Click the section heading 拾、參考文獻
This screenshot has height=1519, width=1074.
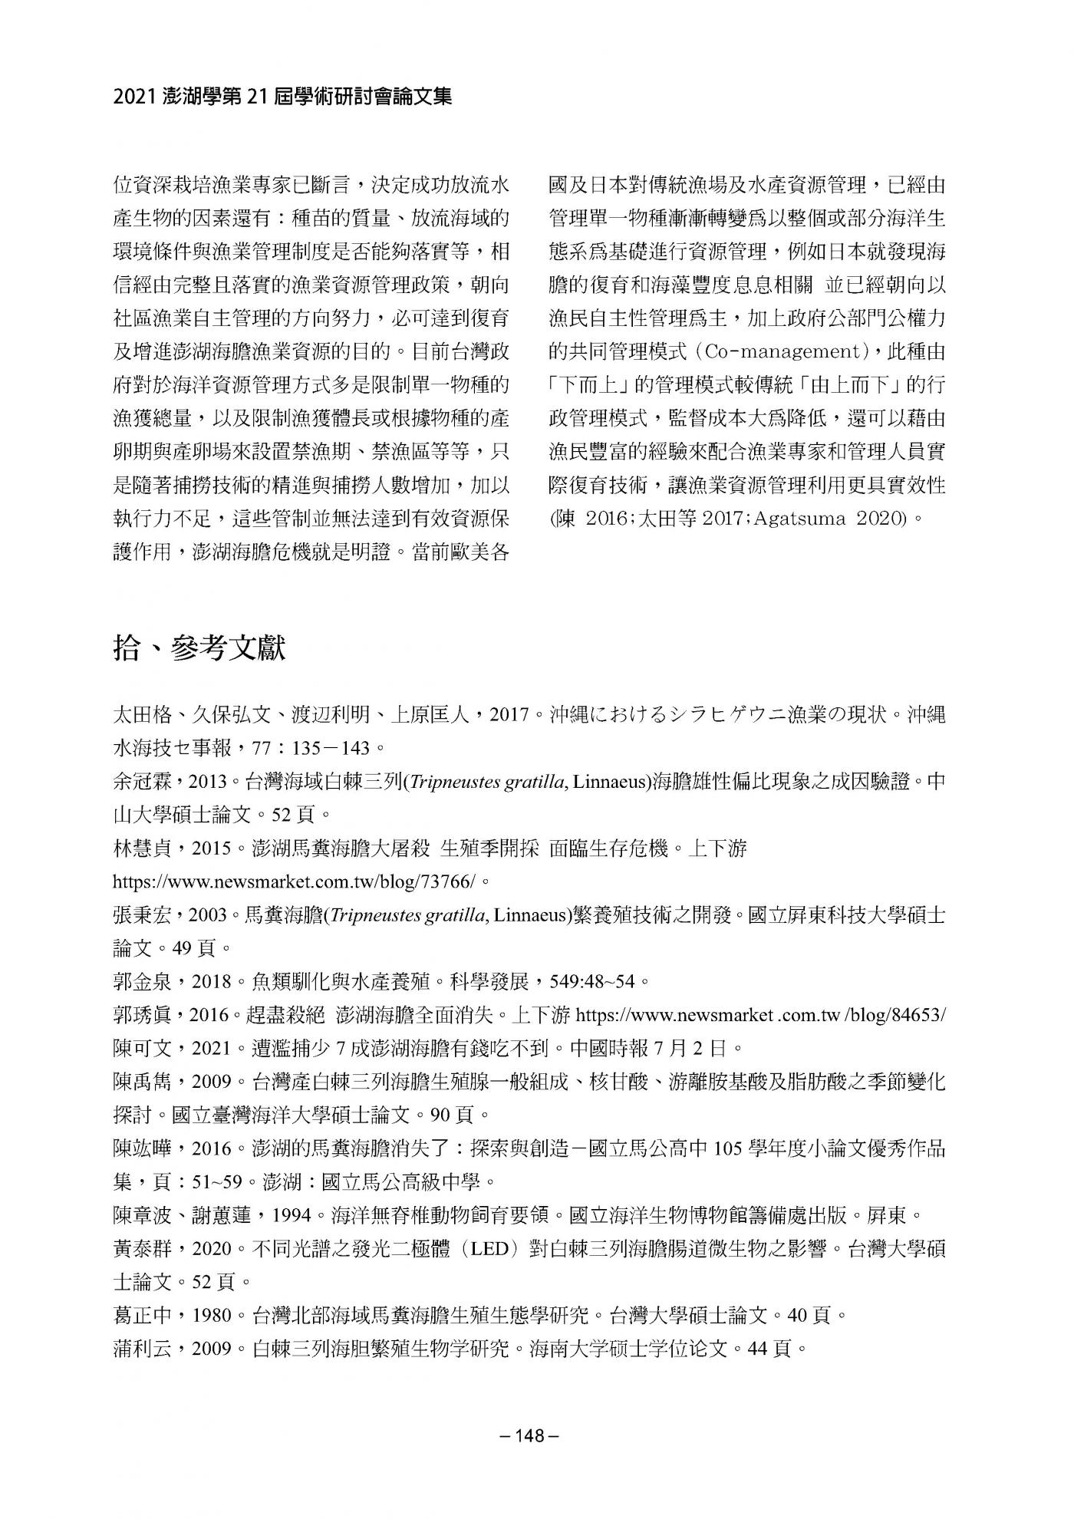click(199, 648)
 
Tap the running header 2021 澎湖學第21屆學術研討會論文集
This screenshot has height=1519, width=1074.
click(282, 97)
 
